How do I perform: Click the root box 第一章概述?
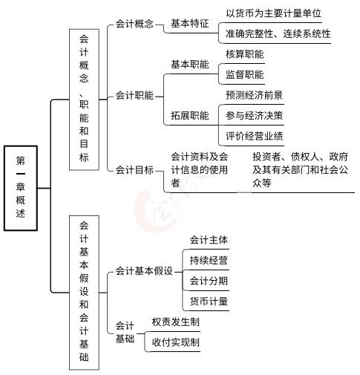[21, 188]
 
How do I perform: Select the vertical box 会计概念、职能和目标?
[84, 100]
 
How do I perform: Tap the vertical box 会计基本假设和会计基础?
[84, 293]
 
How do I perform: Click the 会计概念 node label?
[134, 24]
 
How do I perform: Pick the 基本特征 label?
[190, 24]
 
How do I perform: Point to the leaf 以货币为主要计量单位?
[273, 13]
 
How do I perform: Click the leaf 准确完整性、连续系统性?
[278, 33]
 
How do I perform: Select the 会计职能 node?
[134, 96]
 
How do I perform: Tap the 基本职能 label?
[190, 65]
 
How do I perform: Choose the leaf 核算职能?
[245, 54]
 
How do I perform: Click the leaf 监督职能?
[245, 74]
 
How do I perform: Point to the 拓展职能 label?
[190, 116]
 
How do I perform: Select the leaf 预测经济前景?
[254, 95]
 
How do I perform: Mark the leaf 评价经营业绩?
[254, 136]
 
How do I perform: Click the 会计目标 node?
[134, 170]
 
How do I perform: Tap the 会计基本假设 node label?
[144, 271]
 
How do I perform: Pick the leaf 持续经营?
[209, 260]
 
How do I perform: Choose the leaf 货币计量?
[209, 301]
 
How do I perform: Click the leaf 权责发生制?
[175, 322]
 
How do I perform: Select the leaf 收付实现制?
[175, 342]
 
